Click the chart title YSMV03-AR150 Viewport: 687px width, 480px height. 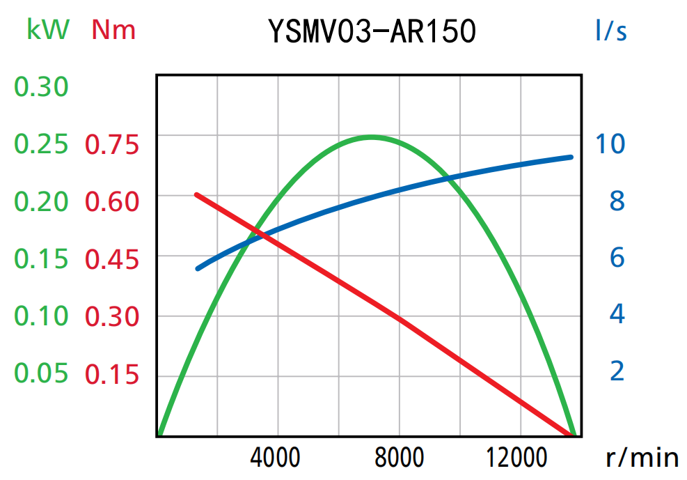click(x=372, y=31)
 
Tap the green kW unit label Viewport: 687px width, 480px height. click(x=48, y=29)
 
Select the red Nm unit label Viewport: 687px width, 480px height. click(x=113, y=30)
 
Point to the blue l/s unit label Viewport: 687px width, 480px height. click(x=610, y=31)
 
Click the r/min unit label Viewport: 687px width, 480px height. click(x=642, y=458)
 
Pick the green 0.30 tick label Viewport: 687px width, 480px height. click(x=42, y=87)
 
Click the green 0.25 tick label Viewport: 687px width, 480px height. click(x=42, y=144)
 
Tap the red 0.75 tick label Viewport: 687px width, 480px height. click(x=112, y=145)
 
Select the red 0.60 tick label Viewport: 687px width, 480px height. click(x=112, y=202)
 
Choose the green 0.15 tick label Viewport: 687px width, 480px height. click(x=42, y=259)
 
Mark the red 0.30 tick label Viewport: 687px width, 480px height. click(x=112, y=317)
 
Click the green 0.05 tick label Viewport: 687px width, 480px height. click(x=42, y=373)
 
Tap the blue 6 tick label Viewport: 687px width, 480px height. click(x=617, y=258)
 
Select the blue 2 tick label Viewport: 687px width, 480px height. click(x=617, y=371)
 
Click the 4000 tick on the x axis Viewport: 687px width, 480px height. click(x=277, y=458)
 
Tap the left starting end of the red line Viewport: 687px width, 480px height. click(x=196, y=194)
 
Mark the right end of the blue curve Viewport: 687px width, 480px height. click(x=571, y=157)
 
